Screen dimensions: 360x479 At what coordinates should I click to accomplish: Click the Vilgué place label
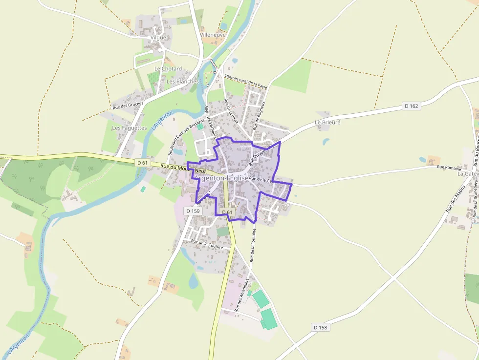point(159,38)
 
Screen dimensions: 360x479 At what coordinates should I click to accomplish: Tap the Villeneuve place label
point(213,35)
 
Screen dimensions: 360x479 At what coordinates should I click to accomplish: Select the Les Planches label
point(183,82)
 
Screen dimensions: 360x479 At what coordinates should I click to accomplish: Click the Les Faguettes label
point(130,128)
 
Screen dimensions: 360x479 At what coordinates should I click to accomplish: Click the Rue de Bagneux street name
point(262,116)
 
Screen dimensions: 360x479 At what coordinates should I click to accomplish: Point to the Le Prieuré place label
point(327,123)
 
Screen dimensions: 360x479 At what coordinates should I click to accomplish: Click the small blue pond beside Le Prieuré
point(326,142)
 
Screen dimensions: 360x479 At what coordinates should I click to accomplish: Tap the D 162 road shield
point(412,106)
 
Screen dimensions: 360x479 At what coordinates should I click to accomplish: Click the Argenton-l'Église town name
point(221,179)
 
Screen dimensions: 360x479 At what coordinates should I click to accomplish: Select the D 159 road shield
point(193,211)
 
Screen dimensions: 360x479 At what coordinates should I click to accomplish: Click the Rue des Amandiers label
point(242,296)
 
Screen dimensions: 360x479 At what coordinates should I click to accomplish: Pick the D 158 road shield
point(320,327)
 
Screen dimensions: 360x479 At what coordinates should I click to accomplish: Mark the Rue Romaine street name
point(449,168)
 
